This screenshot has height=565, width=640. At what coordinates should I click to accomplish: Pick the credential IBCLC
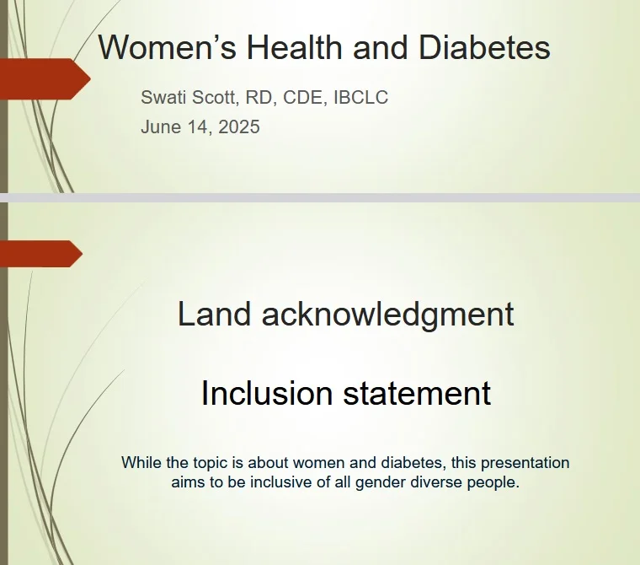pos(360,98)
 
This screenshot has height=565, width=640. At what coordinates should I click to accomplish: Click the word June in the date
pos(159,127)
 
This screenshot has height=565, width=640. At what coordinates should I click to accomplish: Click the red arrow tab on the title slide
pos(45,79)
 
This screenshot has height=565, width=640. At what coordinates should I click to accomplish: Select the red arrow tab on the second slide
pos(41,254)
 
